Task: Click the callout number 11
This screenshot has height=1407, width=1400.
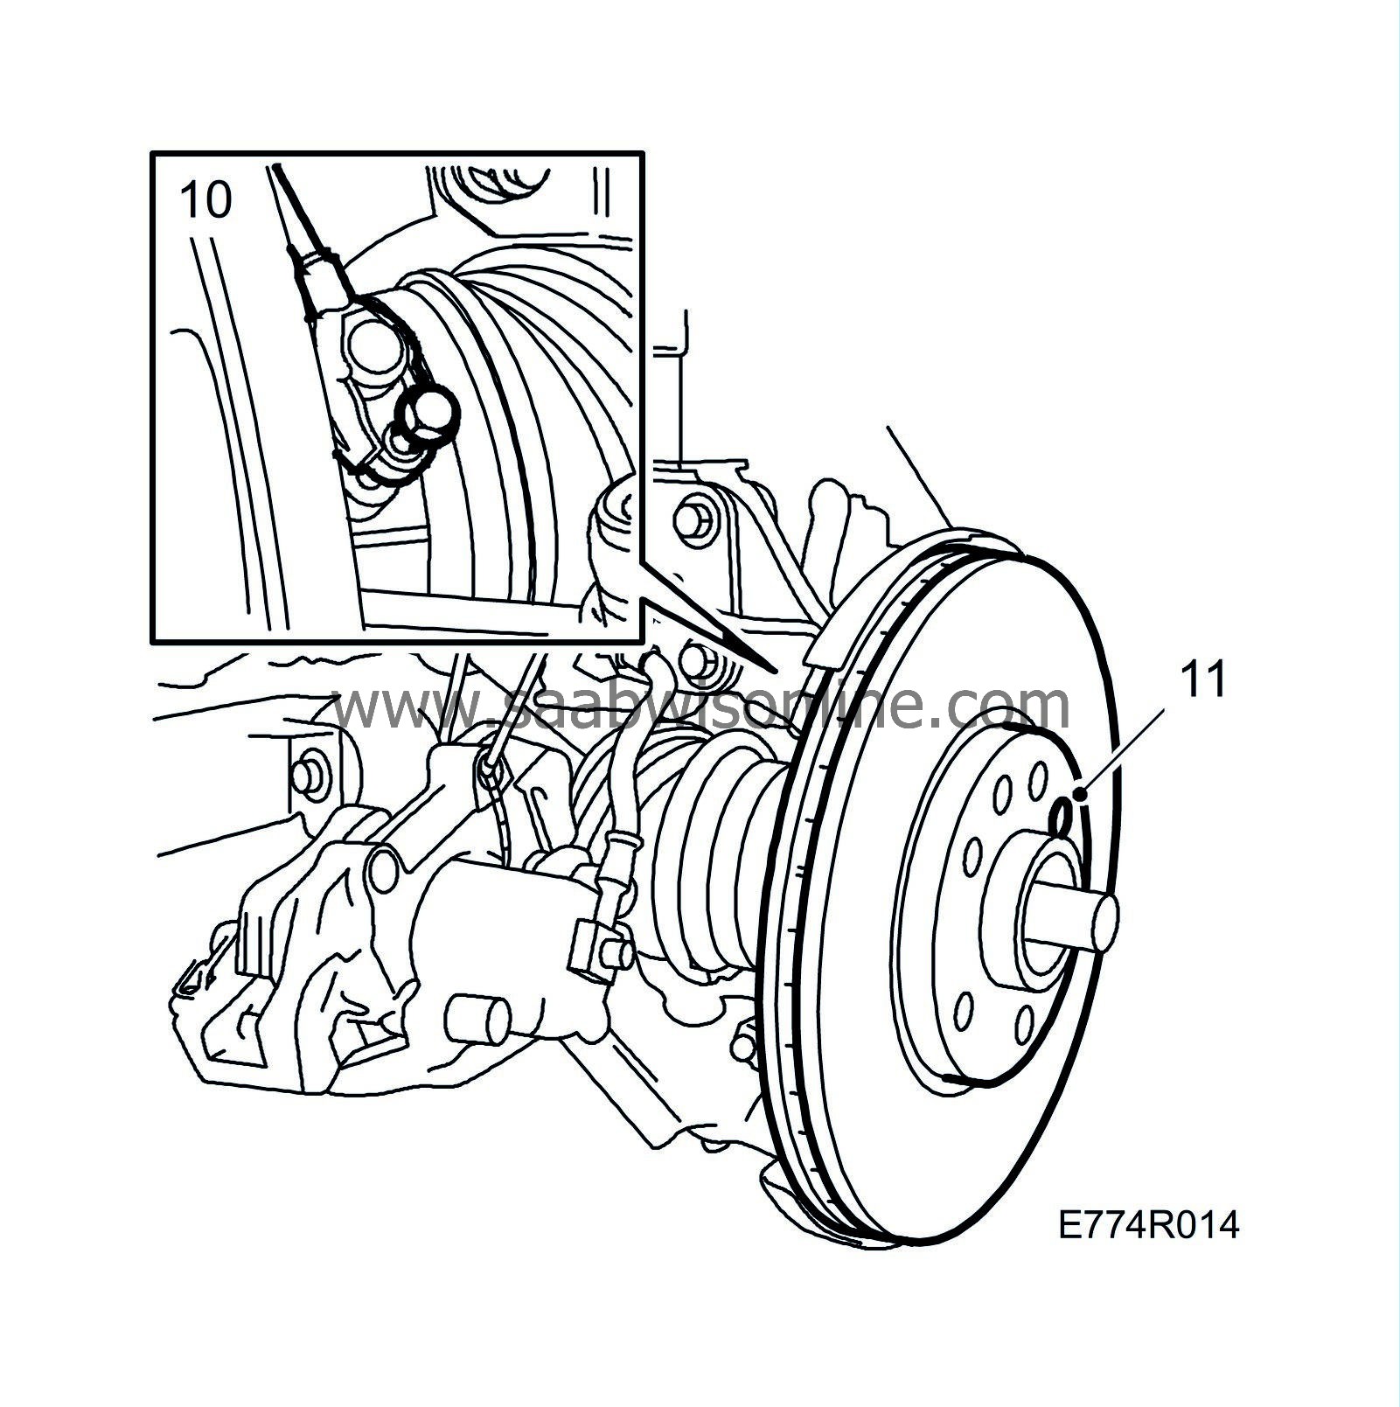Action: click(1204, 679)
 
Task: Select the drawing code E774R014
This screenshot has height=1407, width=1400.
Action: click(1148, 1226)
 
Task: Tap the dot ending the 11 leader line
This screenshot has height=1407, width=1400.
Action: click(1083, 794)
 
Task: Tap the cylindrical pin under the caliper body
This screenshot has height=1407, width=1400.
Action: click(478, 1020)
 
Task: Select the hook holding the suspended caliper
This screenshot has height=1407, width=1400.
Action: click(491, 770)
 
